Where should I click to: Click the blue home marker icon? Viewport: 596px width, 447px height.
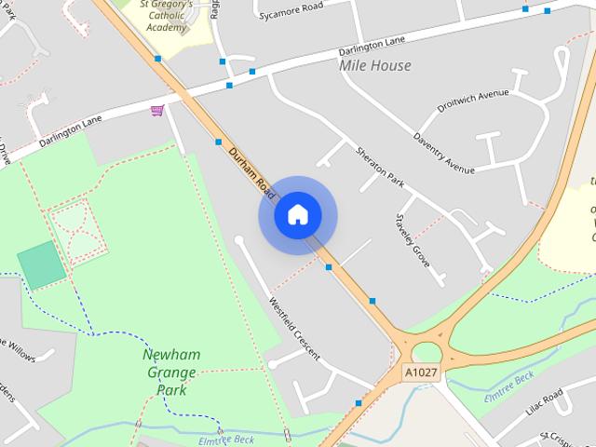click(297, 215)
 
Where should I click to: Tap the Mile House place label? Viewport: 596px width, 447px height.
click(374, 66)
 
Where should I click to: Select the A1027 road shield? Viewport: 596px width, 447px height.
click(420, 372)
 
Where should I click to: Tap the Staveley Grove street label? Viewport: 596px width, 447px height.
click(412, 240)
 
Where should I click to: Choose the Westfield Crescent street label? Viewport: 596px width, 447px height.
click(294, 328)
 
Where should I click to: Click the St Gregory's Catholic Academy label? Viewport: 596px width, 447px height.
click(167, 16)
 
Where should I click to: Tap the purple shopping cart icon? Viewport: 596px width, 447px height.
click(157, 111)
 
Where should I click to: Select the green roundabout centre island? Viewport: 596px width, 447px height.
click(427, 352)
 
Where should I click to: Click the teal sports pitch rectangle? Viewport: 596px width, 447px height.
click(41, 264)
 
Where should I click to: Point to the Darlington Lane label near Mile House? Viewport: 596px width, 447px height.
click(372, 42)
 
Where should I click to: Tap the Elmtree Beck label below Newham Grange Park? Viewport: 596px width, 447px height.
click(226, 440)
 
